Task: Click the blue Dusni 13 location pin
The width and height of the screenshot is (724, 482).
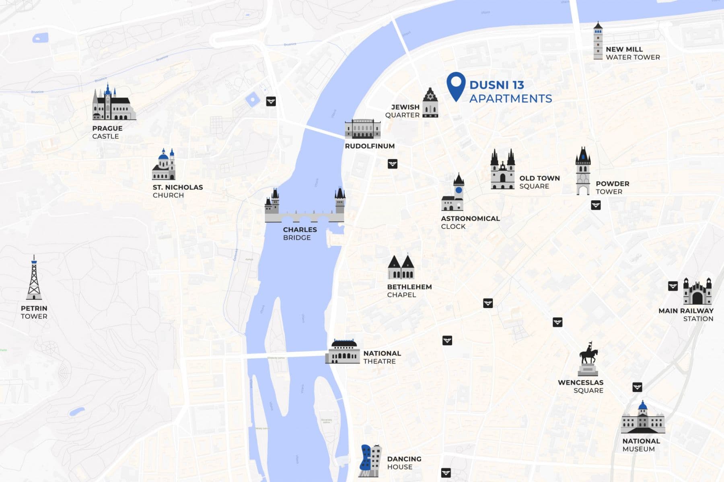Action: click(456, 85)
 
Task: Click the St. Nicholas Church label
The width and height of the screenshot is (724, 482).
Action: click(177, 191)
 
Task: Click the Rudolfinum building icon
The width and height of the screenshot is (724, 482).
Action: click(362, 129)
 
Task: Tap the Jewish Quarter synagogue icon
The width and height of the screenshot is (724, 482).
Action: click(430, 104)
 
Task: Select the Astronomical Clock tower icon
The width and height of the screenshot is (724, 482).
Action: click(453, 194)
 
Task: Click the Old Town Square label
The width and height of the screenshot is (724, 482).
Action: click(539, 182)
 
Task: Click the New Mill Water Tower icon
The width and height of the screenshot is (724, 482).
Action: click(598, 41)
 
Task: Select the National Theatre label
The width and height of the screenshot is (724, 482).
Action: click(382, 357)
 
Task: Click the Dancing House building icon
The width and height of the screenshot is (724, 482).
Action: click(370, 461)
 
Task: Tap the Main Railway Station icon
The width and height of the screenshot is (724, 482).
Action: click(697, 291)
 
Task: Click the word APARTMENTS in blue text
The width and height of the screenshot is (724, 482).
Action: click(510, 98)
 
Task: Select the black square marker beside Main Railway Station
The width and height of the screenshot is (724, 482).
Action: click(673, 286)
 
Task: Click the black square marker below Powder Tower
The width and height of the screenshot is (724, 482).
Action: click(596, 205)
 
